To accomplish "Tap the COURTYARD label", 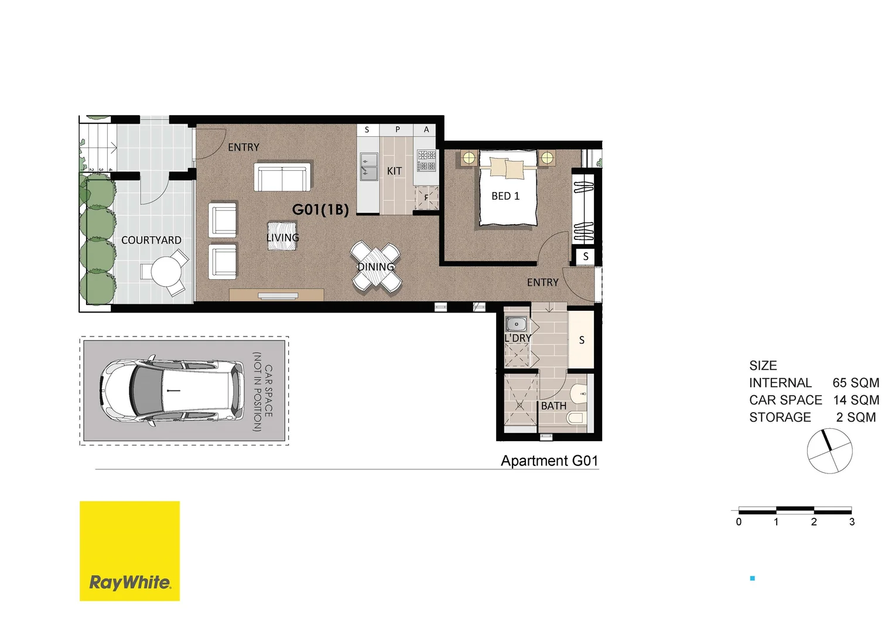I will click(151, 241).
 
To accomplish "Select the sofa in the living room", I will click(282, 177).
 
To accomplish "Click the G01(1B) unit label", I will click(320, 209).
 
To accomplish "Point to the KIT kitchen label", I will click(394, 171).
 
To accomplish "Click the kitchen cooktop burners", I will click(426, 160).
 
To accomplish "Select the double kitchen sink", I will click(368, 166).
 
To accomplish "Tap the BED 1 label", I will click(505, 196).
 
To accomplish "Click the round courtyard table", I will click(168, 271).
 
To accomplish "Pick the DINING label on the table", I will click(376, 267).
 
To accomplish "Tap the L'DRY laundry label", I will click(518, 338).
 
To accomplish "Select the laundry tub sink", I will click(516, 324).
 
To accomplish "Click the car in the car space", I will click(172, 390).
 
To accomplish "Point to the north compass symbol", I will click(829, 450).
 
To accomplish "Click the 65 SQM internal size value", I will click(855, 383).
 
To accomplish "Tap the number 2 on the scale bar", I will click(814, 522).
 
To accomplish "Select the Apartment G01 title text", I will click(549, 461).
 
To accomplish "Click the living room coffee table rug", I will click(282, 236).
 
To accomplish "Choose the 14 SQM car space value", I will click(856, 400).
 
